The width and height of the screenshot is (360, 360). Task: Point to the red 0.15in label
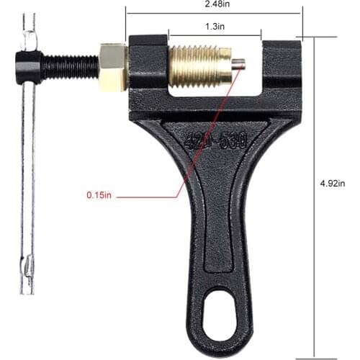pyautogui.click(x=99, y=195)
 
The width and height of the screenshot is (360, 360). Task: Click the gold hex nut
pyautogui.click(x=113, y=63)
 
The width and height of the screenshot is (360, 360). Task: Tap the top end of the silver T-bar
pyautogui.click(x=27, y=22)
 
